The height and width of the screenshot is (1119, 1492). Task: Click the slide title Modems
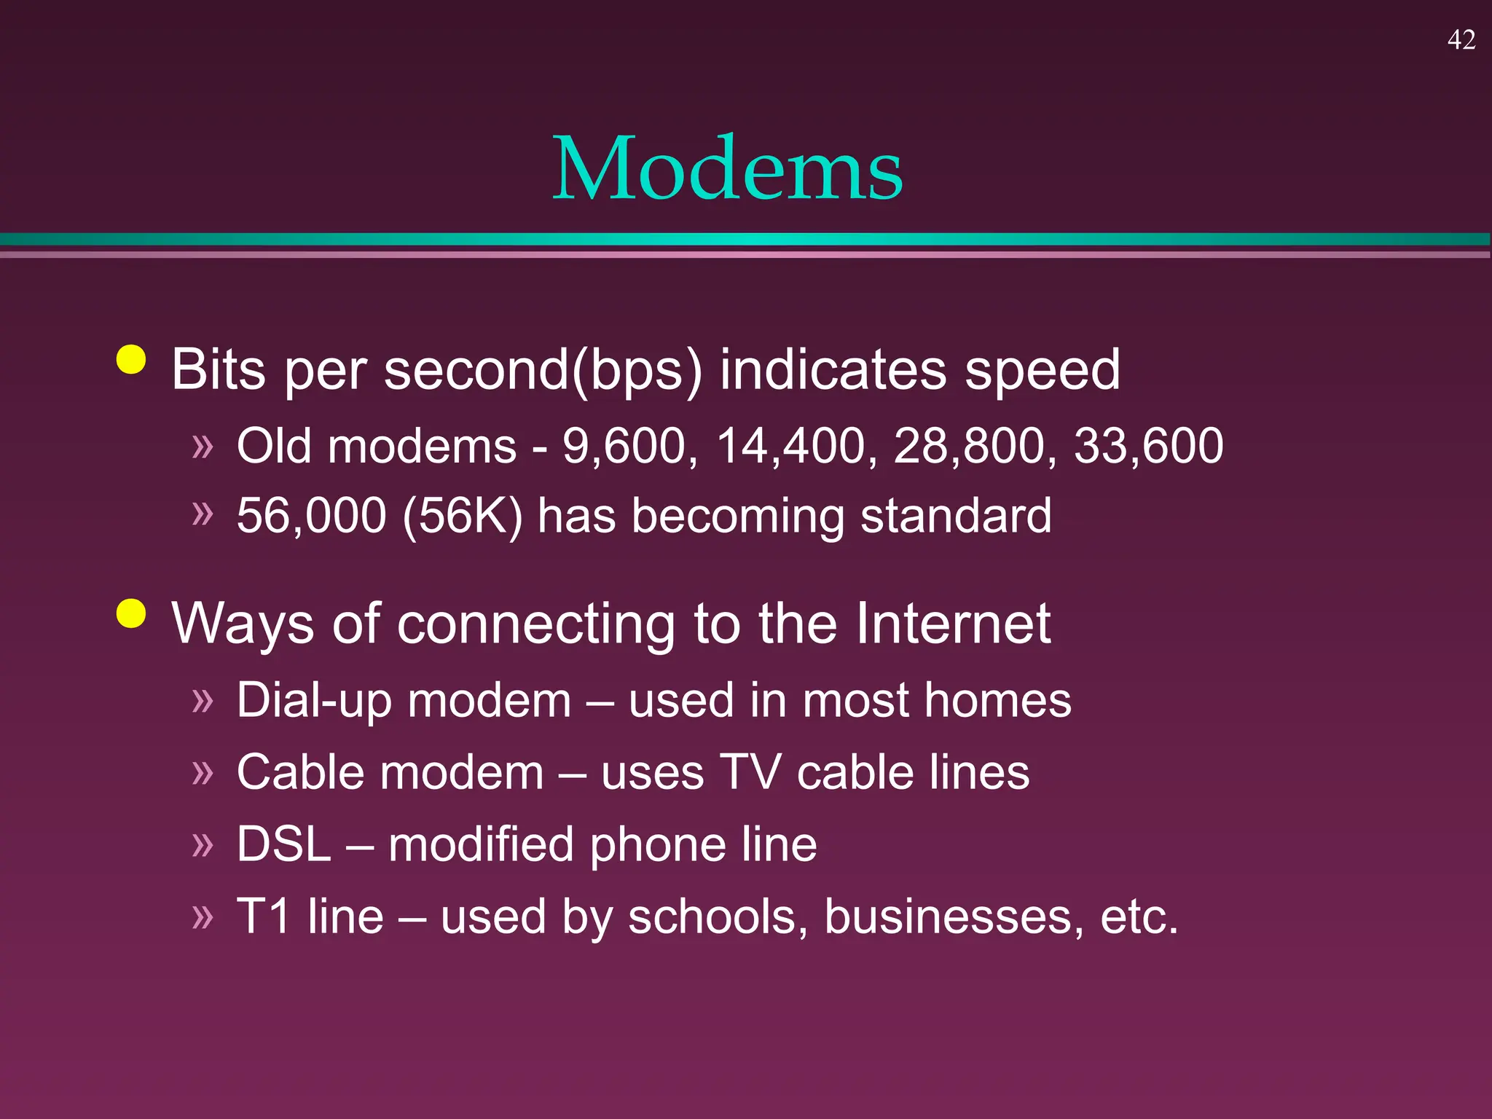tap(727, 169)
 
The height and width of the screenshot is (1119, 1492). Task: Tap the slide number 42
tap(1461, 39)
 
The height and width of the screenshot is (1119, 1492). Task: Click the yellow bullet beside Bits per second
tap(131, 359)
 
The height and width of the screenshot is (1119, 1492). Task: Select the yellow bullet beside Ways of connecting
tap(131, 613)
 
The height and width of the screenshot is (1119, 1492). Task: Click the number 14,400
tap(791, 446)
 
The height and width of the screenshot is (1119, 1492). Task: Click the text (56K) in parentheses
tap(462, 516)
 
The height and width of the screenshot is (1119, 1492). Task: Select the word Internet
tap(953, 624)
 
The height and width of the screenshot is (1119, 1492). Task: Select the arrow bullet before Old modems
tap(203, 445)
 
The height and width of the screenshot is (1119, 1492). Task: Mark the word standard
tap(955, 516)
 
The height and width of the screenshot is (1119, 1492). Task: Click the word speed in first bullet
tap(1043, 370)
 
